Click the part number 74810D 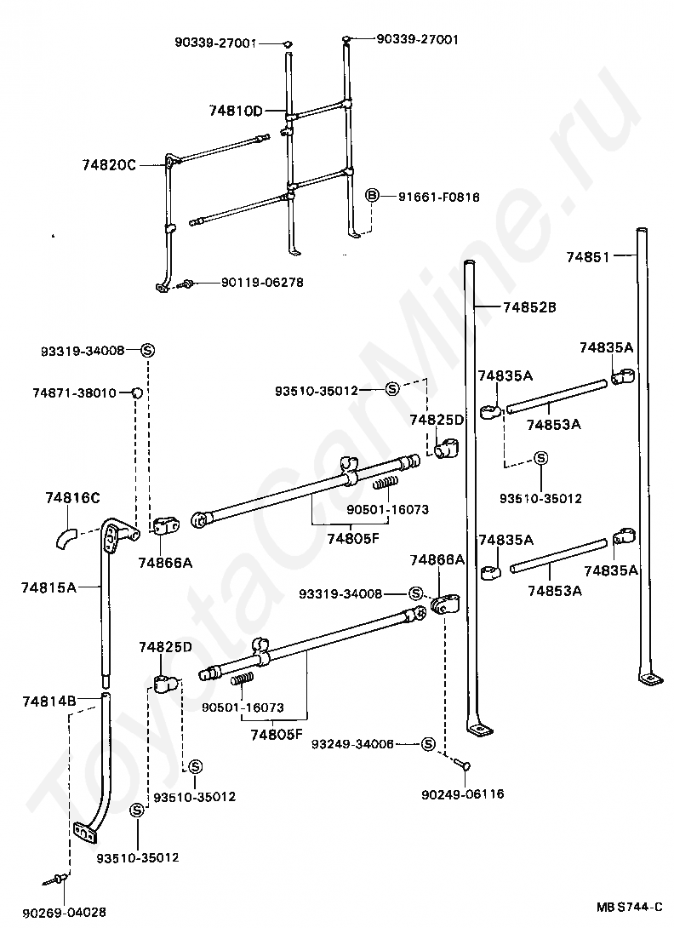236,110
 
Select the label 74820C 109,165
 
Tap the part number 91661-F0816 438,197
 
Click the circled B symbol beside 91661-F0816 372,197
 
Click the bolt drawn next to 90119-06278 187,283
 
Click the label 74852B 529,306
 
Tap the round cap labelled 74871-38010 134,392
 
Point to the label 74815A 49,587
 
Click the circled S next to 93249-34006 428,743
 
